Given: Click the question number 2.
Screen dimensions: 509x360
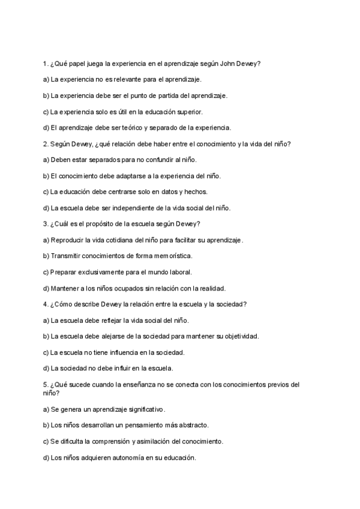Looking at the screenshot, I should pos(46,143).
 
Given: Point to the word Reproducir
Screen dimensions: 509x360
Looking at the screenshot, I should pos(70,240).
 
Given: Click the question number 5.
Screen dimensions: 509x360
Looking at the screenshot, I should pos(46,385).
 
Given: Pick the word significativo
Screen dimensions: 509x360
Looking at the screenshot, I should pos(142,409).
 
